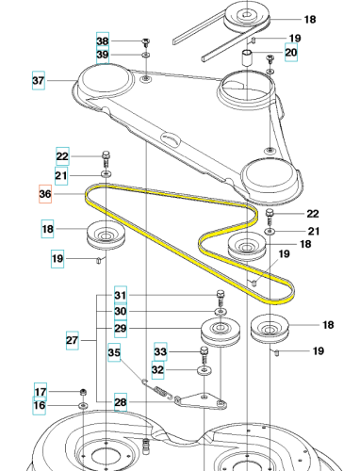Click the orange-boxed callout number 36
(x=45, y=194)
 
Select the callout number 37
(x=39, y=80)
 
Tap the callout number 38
(x=103, y=41)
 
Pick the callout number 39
(x=103, y=55)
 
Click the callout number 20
(x=291, y=52)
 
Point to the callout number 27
(x=73, y=340)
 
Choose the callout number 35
(x=114, y=352)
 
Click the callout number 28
(x=121, y=402)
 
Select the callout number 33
(x=160, y=351)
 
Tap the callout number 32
(x=157, y=369)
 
